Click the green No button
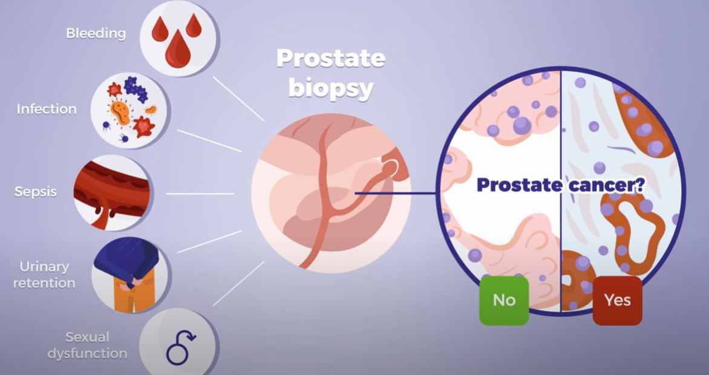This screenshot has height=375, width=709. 504,301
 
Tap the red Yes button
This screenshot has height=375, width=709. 617,301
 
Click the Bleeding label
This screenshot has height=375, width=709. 96,33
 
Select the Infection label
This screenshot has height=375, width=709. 47,109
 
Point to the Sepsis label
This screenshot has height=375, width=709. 36,192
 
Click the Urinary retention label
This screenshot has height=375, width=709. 48,275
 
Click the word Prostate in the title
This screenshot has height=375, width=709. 330,59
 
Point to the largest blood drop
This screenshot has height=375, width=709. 177,50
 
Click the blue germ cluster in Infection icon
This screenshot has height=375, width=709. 136,90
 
